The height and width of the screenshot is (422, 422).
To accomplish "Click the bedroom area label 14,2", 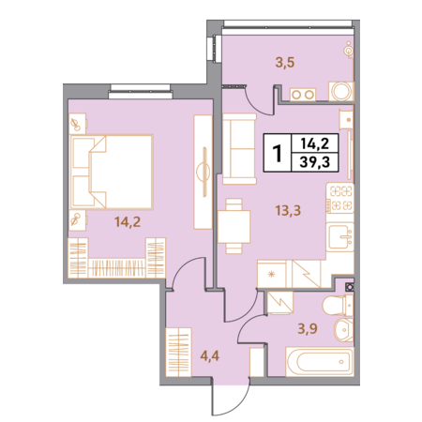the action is pos(128,222).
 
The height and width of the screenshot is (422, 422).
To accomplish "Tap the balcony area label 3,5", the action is pos(285,63).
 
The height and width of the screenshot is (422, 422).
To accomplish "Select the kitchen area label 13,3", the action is pos(288,211).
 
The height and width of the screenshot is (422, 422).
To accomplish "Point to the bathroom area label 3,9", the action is pos(308,328).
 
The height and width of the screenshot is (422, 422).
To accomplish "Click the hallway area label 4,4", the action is pos(210,355).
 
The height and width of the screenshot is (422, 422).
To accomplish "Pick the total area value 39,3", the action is pos(314,162).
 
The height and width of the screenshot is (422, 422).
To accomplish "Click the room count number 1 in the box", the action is pos(277,153).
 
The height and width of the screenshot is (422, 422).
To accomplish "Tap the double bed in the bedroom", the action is pos(112,172).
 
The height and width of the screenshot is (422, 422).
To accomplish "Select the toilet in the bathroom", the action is pos(338,306).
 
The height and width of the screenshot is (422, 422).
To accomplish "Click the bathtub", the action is pos(320,361).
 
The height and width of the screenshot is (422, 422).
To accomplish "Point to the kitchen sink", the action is pos(339,237).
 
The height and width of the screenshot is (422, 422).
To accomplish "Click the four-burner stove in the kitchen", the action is pos(340,198).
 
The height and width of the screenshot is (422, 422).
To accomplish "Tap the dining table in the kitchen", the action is pos(234,226).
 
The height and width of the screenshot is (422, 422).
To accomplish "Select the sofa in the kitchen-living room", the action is pos(239,149).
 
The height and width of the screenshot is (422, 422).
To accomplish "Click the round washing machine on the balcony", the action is pos(341,91).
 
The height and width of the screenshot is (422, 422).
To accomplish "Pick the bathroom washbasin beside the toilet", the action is pos(344,330).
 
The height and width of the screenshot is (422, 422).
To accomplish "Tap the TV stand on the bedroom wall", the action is pos(203,173).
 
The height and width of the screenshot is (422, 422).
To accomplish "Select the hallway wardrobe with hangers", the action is pos(178,352).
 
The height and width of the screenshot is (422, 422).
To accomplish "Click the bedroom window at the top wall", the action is pos(141,91).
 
